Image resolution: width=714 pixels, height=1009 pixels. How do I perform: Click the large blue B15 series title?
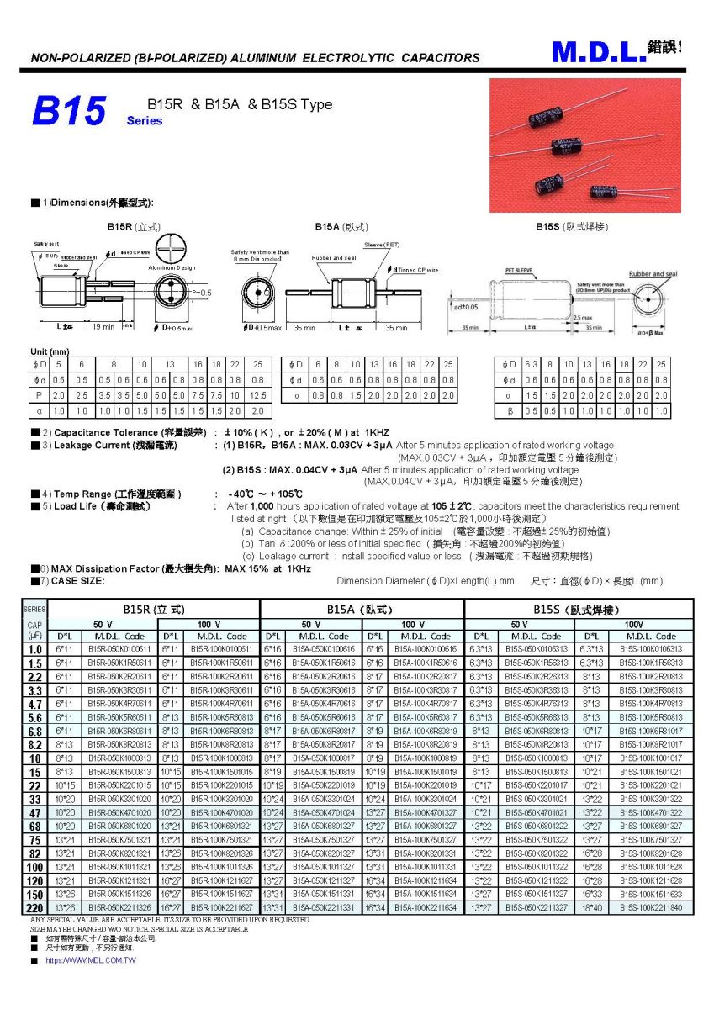69,110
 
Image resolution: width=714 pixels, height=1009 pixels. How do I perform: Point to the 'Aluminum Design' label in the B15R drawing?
173,267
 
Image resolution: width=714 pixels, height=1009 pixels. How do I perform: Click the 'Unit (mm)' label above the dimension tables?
49,351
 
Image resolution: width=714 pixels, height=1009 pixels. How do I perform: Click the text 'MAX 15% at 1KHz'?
268,568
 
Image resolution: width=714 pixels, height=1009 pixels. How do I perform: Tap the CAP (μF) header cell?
34,630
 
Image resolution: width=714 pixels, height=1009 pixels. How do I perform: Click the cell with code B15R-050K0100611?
118,648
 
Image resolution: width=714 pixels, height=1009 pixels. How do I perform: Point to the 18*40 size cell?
591,907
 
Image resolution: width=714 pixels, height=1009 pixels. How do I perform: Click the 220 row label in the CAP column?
34,907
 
